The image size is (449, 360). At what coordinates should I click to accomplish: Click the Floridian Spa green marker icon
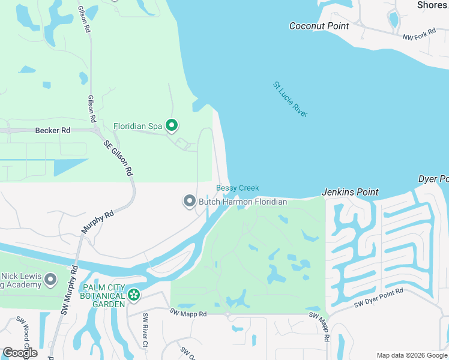click(172, 125)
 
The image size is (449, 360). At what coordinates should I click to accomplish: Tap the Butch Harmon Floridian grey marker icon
click(190, 202)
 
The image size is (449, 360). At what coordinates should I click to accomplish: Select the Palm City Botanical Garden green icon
click(134, 295)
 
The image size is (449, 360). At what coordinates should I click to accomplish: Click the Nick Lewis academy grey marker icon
click(50, 279)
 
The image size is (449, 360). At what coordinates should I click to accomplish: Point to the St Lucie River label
click(291, 99)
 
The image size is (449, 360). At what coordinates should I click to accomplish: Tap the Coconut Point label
click(319, 26)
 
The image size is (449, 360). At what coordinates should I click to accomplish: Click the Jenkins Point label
click(351, 192)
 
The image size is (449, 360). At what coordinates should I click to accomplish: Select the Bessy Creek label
click(237, 188)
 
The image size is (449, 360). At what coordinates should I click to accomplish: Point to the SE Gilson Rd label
click(118, 157)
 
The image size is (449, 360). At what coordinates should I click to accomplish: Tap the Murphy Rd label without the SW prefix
click(97, 222)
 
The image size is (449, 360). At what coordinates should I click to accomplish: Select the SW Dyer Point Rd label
click(378, 298)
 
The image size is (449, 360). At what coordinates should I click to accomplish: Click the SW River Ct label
click(145, 329)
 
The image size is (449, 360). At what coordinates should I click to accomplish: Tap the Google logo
click(20, 353)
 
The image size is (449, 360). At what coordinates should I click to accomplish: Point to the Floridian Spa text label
click(138, 126)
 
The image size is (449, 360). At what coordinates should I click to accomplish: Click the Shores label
click(432, 5)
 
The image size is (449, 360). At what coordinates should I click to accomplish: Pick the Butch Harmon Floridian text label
click(243, 202)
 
